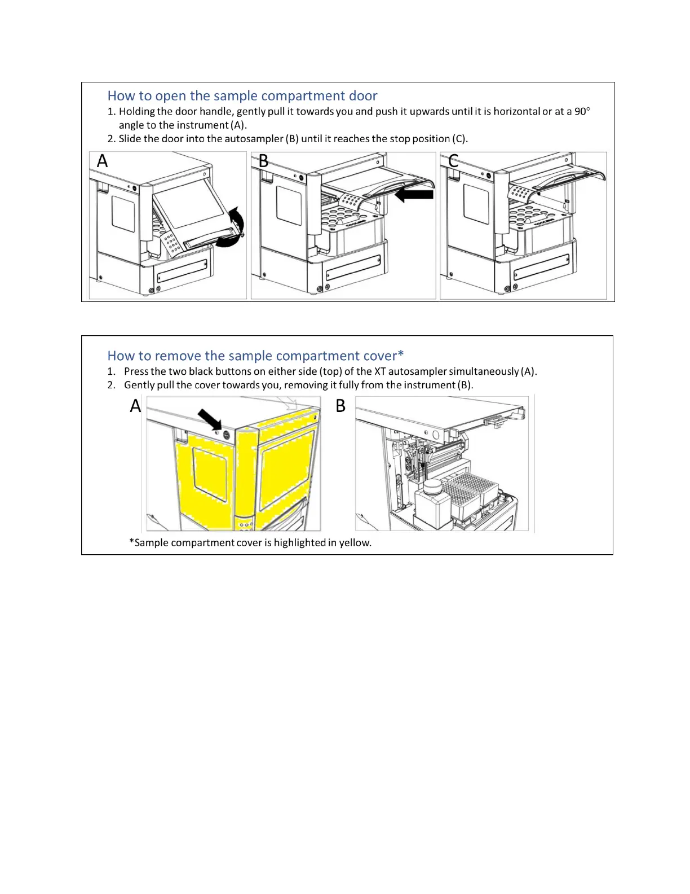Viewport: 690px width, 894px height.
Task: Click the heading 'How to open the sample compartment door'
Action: [242, 96]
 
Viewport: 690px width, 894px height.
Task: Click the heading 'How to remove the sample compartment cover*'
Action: [255, 356]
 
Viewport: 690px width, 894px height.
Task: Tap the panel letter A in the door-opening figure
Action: [102, 161]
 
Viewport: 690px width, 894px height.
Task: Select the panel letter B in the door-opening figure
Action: [263, 161]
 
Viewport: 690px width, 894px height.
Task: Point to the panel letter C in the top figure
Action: [453, 161]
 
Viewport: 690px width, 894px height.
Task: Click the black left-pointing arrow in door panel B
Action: [414, 195]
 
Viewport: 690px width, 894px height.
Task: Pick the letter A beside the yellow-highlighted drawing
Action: [135, 406]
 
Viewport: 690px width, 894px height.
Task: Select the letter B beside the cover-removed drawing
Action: [340, 406]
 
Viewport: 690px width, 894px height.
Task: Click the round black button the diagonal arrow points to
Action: [227, 435]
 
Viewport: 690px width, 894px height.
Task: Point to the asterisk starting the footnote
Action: [131, 542]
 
